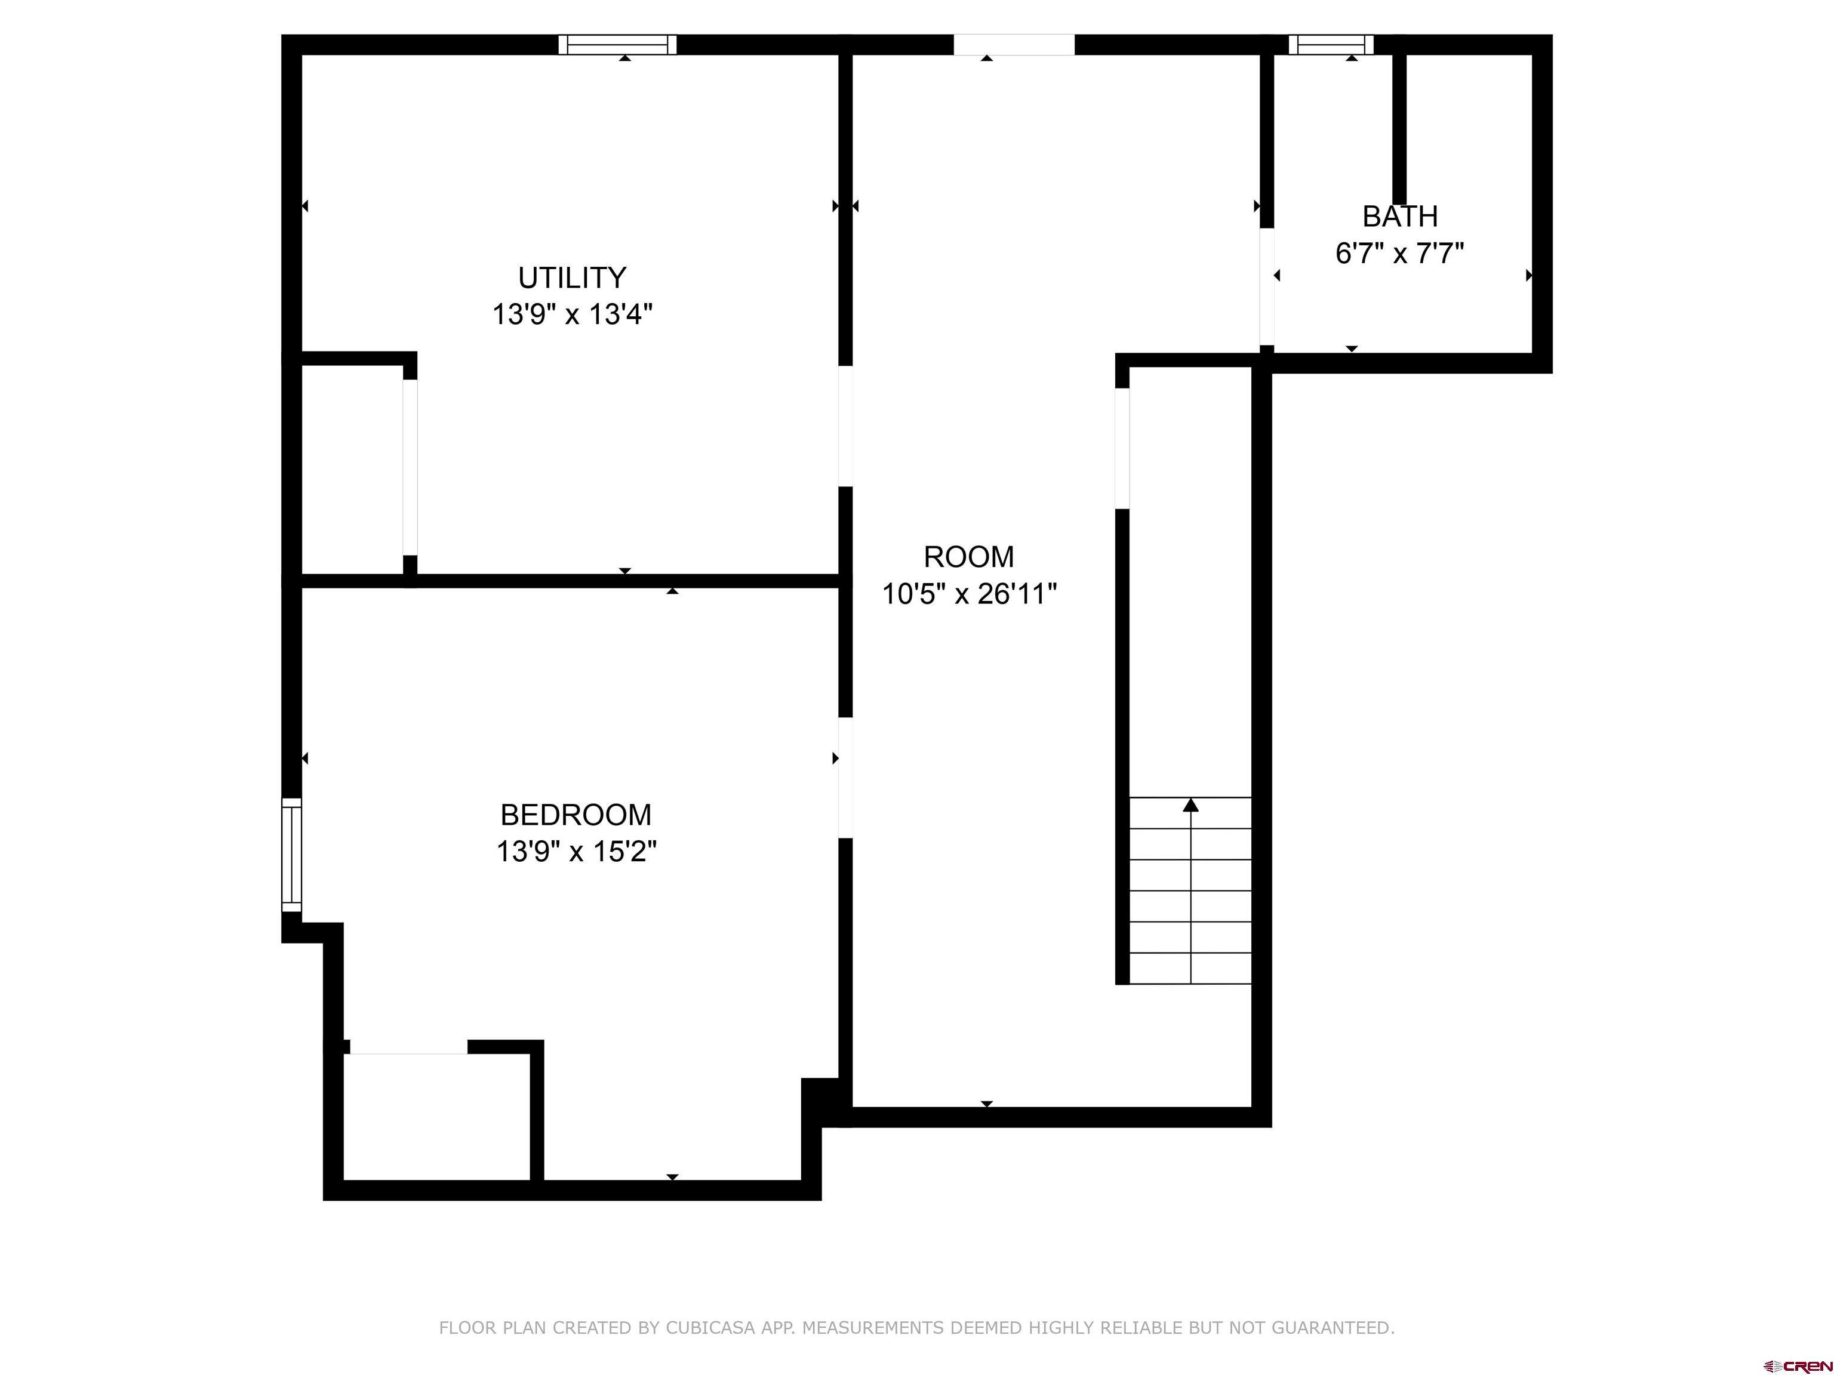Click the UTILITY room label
coord(572,277)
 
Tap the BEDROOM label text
coord(576,815)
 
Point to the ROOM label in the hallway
coord(968,557)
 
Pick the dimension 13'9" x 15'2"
coord(576,851)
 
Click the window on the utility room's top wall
coord(618,45)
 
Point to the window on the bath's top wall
coord(1331,45)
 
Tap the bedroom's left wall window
coord(292,855)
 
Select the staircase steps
coord(1190,891)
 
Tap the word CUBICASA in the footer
coord(710,1328)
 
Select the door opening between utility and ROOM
coord(846,426)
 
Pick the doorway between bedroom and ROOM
coord(846,778)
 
